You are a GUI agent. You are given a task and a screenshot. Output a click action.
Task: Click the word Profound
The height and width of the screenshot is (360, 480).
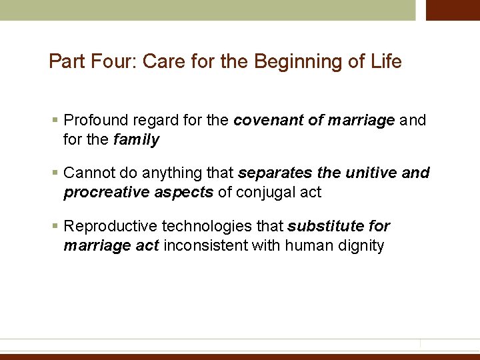[94, 121]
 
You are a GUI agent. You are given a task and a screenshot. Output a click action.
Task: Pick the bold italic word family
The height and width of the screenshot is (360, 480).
[137, 139]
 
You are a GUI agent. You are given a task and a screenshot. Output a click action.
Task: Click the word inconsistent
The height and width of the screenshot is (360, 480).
[205, 245]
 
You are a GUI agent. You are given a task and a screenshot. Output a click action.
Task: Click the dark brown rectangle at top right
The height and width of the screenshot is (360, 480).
[453, 10]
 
